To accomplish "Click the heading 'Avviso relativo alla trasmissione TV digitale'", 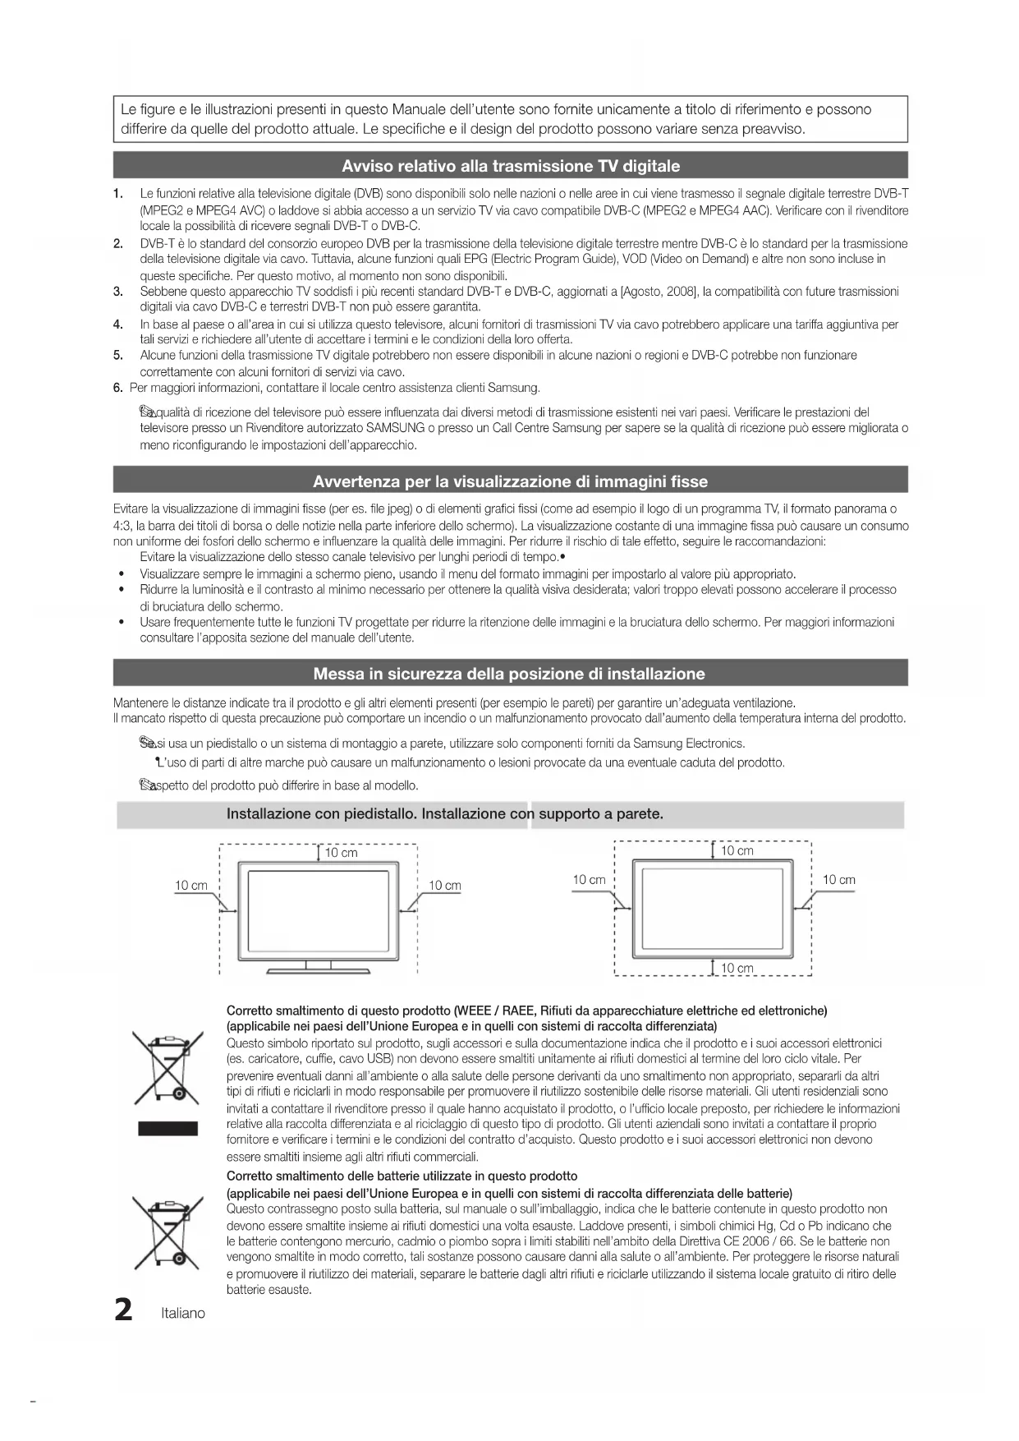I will click(x=510, y=166).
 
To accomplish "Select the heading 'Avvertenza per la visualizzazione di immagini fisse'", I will click(x=510, y=481).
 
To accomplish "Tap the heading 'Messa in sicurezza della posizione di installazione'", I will click(x=509, y=674).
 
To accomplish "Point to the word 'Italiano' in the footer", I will click(x=183, y=1313).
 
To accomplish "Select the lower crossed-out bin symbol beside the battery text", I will click(x=168, y=1232).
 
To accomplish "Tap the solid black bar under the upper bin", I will click(x=168, y=1128).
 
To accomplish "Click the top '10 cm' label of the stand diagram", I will click(x=341, y=853).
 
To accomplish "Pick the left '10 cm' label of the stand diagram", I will click(x=191, y=886).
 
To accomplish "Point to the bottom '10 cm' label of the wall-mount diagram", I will click(x=737, y=968).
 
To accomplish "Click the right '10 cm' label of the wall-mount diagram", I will click(x=838, y=880).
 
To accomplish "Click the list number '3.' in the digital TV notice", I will click(x=118, y=291).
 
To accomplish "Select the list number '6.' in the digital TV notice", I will click(x=118, y=388).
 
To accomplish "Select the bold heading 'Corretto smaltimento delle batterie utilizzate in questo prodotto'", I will click(x=402, y=1176).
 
